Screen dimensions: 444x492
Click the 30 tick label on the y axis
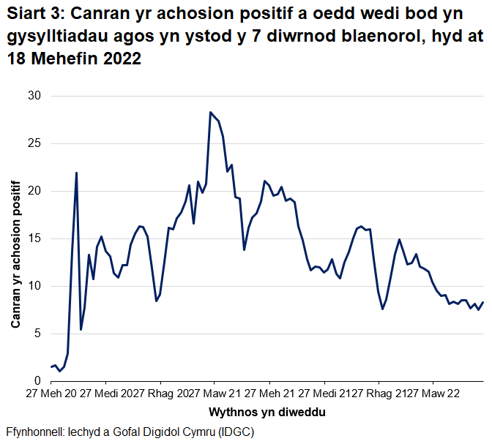click(x=34, y=96)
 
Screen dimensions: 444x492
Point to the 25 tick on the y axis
click(x=34, y=143)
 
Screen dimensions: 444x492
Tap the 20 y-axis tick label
click(x=34, y=191)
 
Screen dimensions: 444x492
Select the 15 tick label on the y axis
click(x=34, y=238)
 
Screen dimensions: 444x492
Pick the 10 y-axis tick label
click(x=34, y=286)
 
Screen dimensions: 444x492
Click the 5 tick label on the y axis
click(x=37, y=334)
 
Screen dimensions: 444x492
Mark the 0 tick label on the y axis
click(x=37, y=381)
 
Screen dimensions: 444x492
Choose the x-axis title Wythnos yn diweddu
click(x=267, y=412)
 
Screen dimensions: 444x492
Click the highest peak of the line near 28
click(x=210, y=112)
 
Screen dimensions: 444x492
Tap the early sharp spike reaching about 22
click(x=76, y=173)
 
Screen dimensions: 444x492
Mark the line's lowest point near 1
click(x=59, y=371)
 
